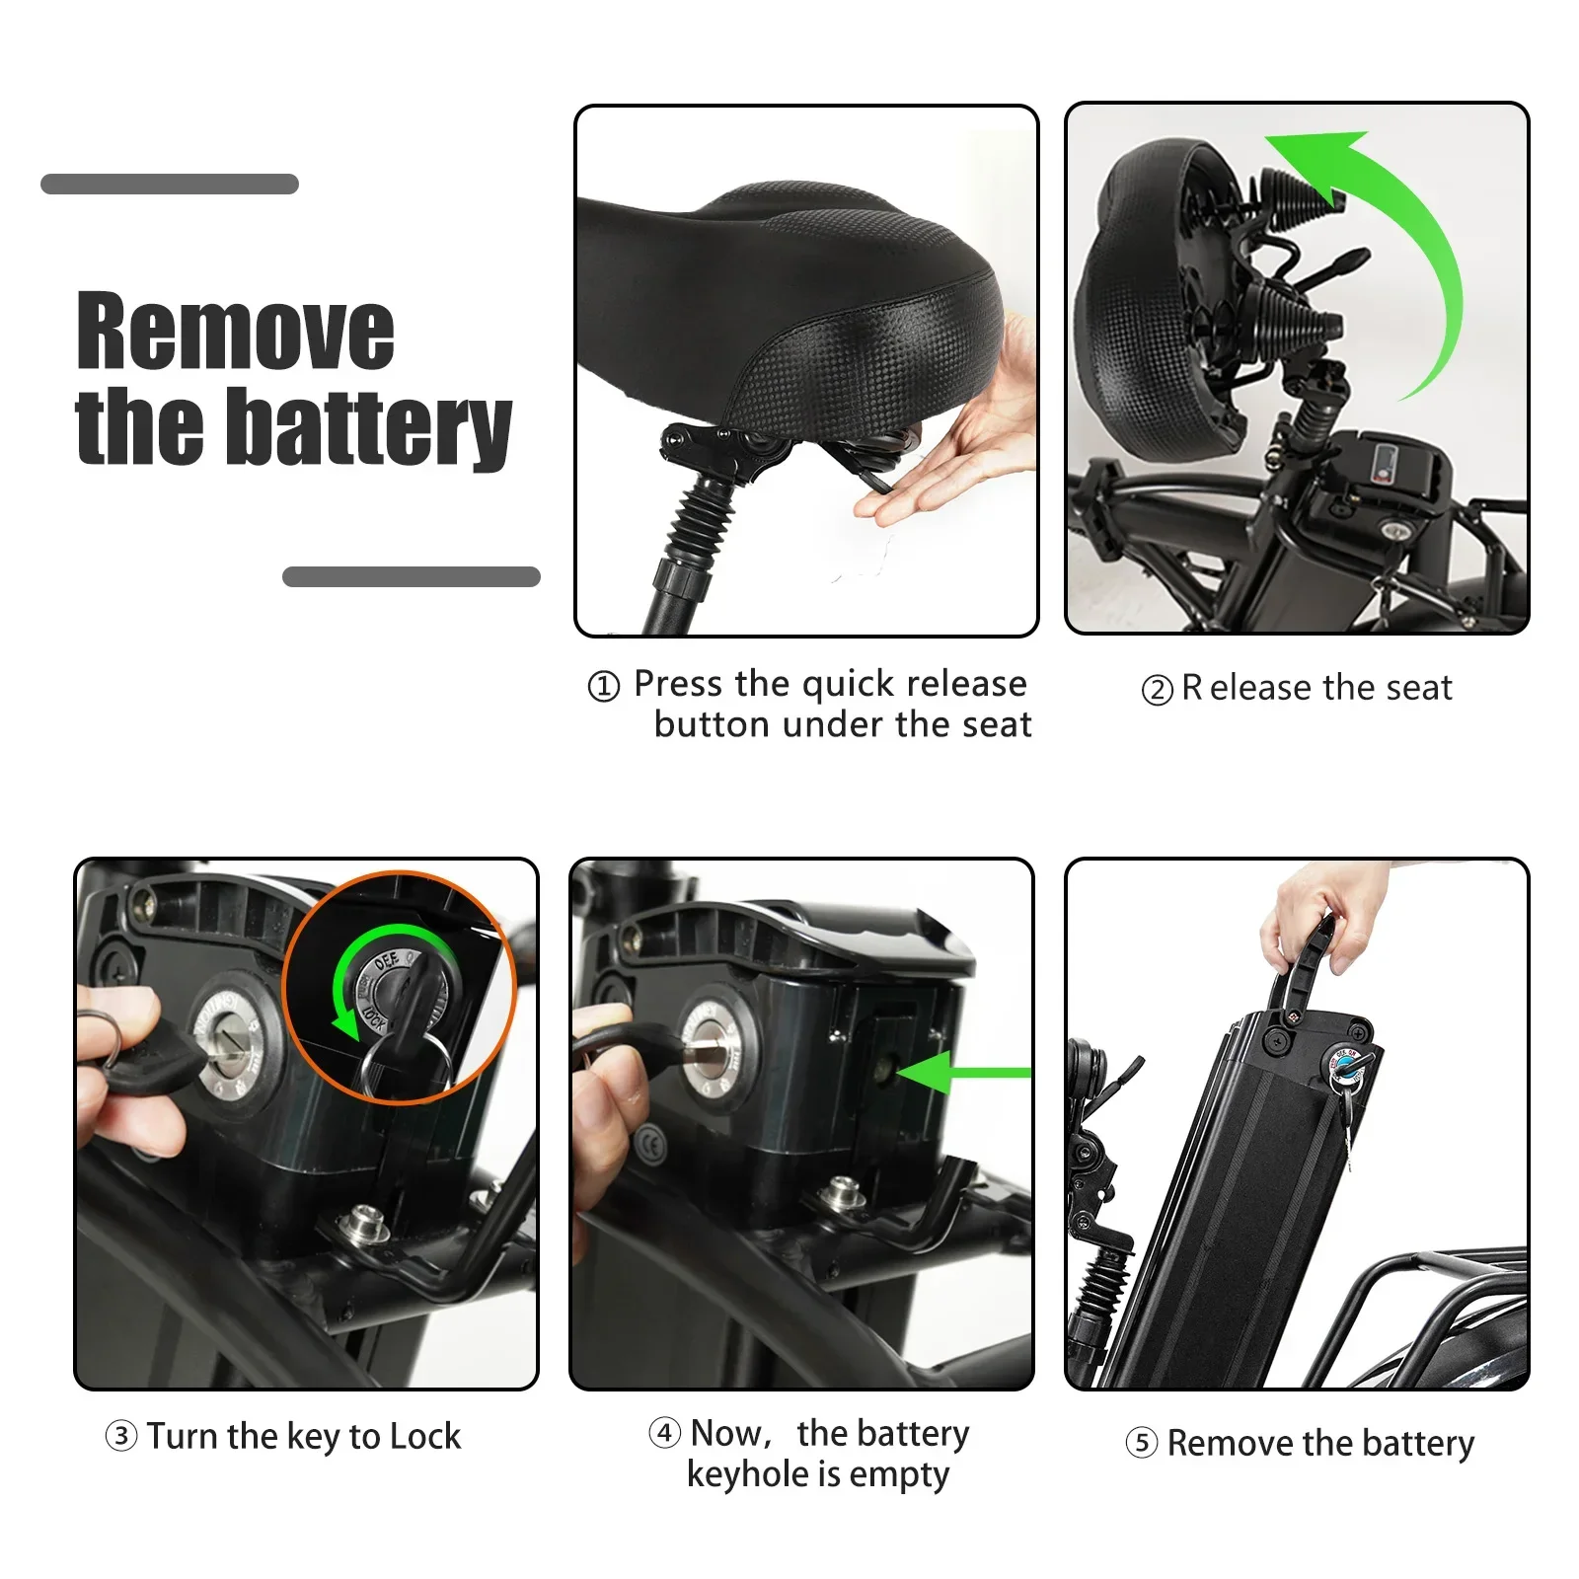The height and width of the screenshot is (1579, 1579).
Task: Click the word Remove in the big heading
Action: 235,332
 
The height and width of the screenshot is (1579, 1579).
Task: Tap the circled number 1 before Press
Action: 604,686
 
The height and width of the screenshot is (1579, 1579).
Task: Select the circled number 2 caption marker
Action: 1157,690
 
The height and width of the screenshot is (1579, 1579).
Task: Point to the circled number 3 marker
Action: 120,1436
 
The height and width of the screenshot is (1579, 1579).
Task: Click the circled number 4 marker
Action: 664,1433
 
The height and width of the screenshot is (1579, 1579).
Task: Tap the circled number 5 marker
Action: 1141,1444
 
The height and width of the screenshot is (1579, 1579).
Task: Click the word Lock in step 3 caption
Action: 424,1436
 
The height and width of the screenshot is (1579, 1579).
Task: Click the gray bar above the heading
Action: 170,184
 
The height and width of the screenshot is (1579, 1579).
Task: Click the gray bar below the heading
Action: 411,576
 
